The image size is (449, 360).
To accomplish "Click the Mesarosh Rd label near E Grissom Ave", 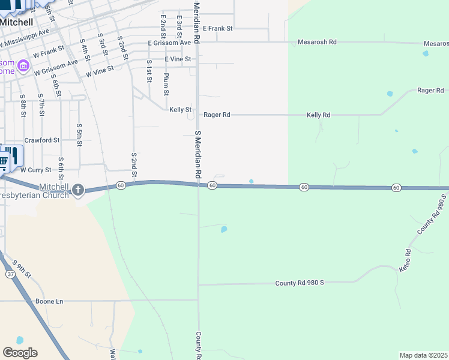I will [x=318, y=43].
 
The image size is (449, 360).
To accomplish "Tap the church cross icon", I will [x=77, y=191].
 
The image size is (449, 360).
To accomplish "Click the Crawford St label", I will [x=41, y=140].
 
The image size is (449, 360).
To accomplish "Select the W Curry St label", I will [x=35, y=170].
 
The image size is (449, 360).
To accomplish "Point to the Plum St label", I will [x=166, y=84].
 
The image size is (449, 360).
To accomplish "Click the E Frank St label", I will [x=217, y=28].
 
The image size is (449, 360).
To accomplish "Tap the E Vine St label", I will [x=178, y=59].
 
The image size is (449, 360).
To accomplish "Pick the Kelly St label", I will [x=180, y=110].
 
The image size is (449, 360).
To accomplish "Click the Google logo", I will [x=20, y=353].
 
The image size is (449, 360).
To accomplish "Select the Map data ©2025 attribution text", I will [x=424, y=355].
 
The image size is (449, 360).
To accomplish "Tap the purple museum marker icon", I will [x=23, y=65].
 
